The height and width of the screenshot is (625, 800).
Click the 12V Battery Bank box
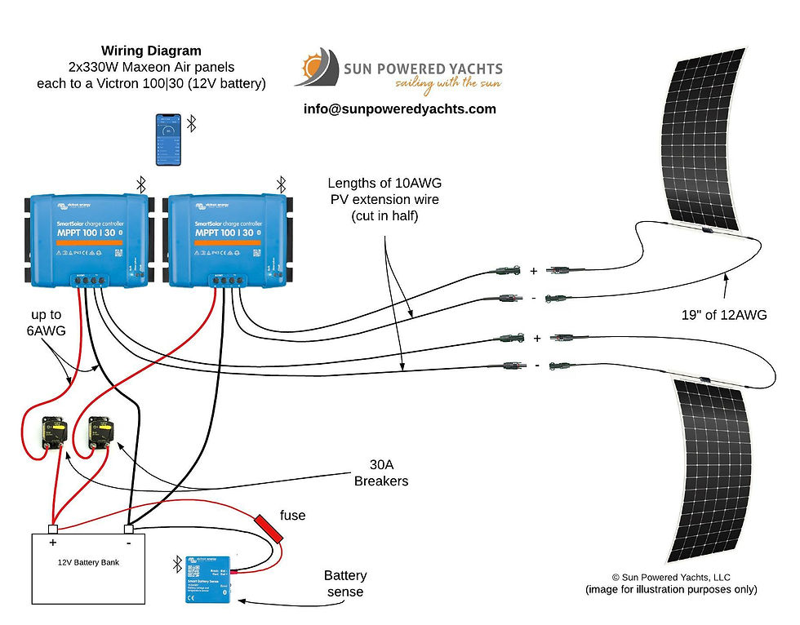point(88,568)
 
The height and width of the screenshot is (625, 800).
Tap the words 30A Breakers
point(381,473)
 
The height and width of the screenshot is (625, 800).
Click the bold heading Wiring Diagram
point(151,50)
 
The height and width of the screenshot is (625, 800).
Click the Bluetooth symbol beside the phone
point(192,123)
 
